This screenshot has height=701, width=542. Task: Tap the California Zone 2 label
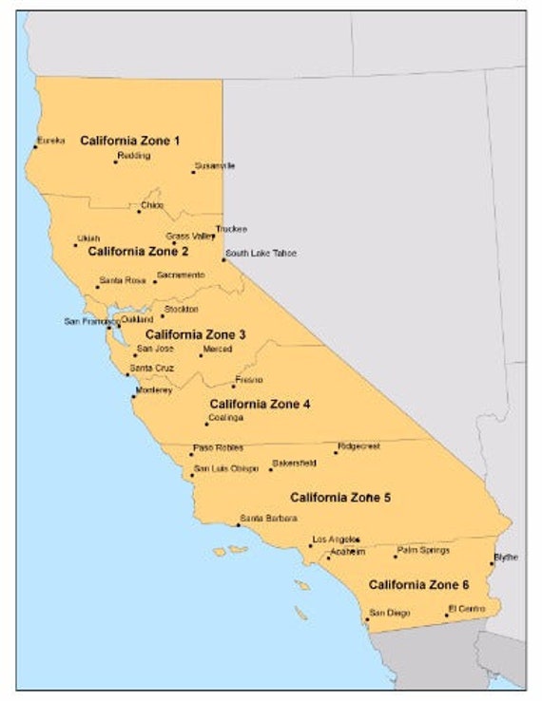(x=138, y=252)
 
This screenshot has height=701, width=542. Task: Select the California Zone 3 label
(x=195, y=334)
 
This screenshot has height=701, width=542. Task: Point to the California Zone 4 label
(x=260, y=404)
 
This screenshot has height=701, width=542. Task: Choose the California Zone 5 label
(x=340, y=497)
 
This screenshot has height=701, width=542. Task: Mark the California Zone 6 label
(x=418, y=584)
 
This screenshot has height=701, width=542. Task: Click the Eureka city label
(x=51, y=141)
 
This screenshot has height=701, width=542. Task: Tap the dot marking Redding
(x=116, y=161)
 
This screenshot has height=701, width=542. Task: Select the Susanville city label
(x=215, y=165)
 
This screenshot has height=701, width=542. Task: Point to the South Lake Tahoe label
(x=261, y=254)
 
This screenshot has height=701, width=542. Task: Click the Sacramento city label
(x=181, y=275)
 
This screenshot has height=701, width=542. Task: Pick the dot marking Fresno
(x=233, y=386)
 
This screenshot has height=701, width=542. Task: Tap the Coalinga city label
(x=226, y=418)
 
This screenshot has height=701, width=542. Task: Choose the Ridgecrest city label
(x=358, y=445)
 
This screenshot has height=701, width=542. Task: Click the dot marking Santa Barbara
(x=239, y=524)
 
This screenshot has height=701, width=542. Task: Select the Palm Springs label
(x=423, y=550)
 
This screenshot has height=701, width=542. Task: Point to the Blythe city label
(x=506, y=558)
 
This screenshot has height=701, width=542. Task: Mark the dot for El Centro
(x=446, y=615)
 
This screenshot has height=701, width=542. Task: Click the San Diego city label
(x=390, y=613)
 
